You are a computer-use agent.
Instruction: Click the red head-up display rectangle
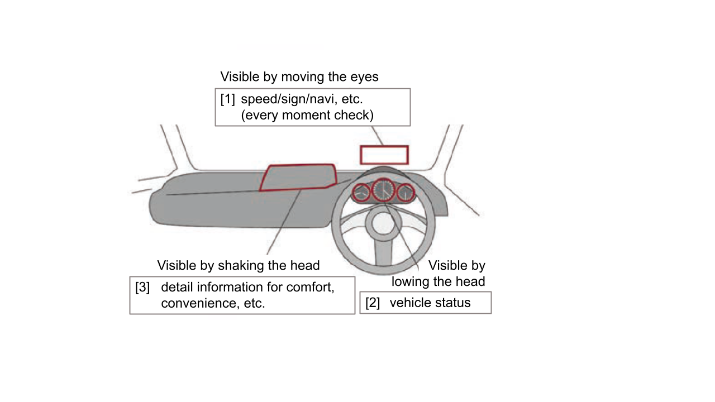tap(384, 155)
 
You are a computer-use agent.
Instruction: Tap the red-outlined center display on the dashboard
tap(298, 177)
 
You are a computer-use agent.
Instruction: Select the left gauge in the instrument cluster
tap(361, 193)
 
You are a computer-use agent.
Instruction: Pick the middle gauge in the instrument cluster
tap(384, 190)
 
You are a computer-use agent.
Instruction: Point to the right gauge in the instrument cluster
tap(406, 193)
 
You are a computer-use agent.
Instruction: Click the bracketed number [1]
tap(227, 99)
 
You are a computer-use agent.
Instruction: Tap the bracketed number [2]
tap(373, 303)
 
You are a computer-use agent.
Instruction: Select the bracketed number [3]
tap(142, 288)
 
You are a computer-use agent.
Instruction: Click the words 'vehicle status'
tap(430, 303)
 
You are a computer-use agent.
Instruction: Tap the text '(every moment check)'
tap(307, 115)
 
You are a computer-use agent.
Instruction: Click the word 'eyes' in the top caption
tap(365, 76)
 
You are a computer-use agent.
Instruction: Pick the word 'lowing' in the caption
tap(409, 281)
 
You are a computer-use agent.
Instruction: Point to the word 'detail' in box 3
tap(177, 288)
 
